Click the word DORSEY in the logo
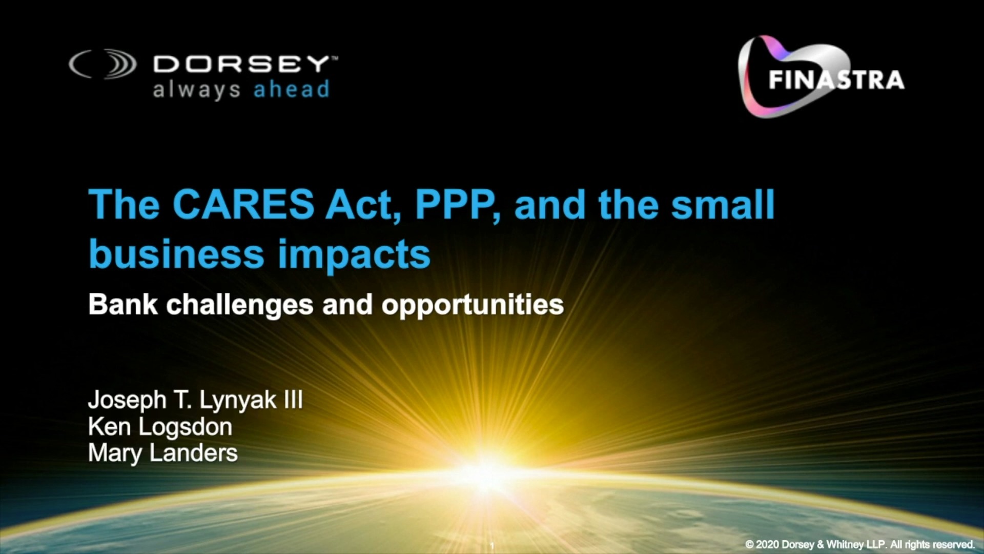click(x=241, y=64)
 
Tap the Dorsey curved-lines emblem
click(x=103, y=64)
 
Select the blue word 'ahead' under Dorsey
click(x=291, y=89)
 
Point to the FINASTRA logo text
click(x=836, y=80)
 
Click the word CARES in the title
click(x=243, y=204)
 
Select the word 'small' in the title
click(x=723, y=204)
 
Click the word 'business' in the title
click(x=176, y=253)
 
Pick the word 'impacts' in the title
click(x=354, y=255)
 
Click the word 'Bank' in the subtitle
click(x=123, y=304)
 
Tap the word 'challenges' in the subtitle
click(x=240, y=305)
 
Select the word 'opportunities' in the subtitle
click(x=473, y=306)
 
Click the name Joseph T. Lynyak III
click(x=195, y=400)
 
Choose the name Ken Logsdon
click(x=160, y=427)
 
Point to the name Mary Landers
click(x=163, y=453)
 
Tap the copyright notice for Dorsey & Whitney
click(x=860, y=544)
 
